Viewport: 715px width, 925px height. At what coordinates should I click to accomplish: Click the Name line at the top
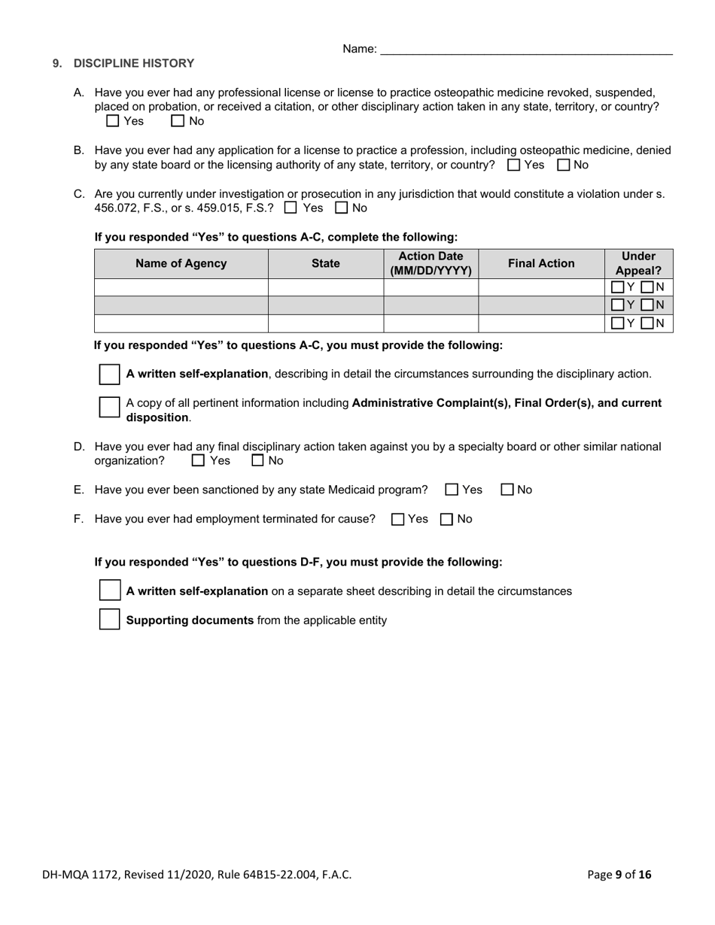[x=526, y=50]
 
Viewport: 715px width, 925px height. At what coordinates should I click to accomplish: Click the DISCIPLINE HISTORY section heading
[x=133, y=64]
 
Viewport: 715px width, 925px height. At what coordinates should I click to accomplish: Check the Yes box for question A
[x=113, y=121]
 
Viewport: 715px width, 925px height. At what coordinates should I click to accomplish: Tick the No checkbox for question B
[x=563, y=165]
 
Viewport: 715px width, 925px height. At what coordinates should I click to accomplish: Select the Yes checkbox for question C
[x=291, y=208]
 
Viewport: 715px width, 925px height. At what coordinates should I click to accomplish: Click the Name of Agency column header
[x=181, y=264]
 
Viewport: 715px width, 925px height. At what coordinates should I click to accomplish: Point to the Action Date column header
[x=431, y=264]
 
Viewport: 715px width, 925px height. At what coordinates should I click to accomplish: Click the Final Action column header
[x=540, y=264]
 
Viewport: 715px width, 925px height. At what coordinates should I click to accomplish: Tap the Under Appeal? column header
[x=638, y=264]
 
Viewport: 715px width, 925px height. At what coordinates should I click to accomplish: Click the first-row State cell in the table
[x=325, y=287]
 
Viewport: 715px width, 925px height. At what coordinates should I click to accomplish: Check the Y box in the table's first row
[x=617, y=287]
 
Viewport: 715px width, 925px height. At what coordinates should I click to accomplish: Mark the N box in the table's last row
[x=647, y=323]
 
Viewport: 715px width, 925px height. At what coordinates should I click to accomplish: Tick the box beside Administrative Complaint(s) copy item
[x=110, y=407]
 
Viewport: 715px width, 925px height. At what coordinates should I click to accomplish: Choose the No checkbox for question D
[x=257, y=461]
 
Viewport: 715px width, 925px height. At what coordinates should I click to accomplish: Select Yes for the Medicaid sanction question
[x=452, y=490]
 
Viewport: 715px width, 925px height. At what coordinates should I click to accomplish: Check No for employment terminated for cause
[x=446, y=519]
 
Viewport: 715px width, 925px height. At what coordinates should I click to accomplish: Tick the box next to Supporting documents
[x=110, y=620]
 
